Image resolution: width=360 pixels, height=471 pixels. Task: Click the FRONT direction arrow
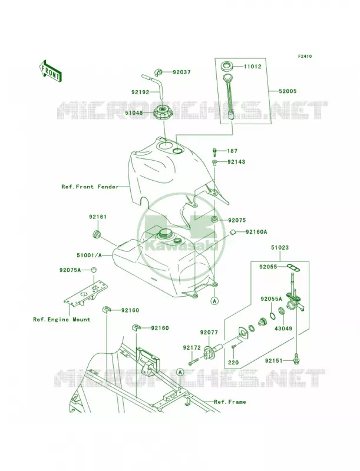coord(50,71)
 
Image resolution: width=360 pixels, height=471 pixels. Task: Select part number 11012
coord(252,67)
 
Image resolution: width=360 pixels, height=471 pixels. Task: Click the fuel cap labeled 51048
coord(163,113)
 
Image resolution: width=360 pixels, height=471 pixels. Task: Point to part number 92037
coord(181,72)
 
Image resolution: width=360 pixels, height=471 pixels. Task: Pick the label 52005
coord(288,91)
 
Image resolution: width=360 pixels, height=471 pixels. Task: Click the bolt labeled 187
coord(214,152)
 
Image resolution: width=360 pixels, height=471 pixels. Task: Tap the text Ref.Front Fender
coord(90,187)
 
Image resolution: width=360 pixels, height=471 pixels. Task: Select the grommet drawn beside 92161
coord(97,234)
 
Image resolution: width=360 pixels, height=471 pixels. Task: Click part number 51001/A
coord(89,256)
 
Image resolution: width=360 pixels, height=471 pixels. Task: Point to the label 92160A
coord(256,232)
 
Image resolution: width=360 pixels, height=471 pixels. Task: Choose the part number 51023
coord(280,248)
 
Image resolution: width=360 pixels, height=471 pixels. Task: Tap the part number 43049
coord(283,329)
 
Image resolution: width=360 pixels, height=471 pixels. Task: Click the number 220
coord(233,362)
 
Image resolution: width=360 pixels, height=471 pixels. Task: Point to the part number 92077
coord(209,333)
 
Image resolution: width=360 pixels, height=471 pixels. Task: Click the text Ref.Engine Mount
coord(62,320)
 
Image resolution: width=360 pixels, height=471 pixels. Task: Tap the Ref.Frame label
coord(230,402)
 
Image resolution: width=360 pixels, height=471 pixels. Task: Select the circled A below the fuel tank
coord(215,300)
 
